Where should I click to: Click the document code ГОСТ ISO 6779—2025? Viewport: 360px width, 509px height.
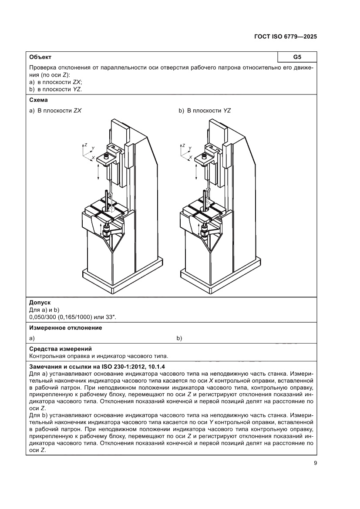click(285, 37)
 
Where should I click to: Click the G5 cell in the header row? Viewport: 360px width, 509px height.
click(297, 57)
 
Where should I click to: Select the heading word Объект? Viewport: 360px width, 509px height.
click(40, 57)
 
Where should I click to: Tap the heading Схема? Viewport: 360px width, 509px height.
click(39, 100)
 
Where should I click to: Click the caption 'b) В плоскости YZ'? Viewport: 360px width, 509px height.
click(205, 111)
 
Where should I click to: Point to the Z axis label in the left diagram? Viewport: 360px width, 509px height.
click(86, 144)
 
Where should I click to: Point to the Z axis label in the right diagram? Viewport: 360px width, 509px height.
click(184, 144)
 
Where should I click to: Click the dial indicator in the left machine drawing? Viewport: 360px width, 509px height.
click(111, 195)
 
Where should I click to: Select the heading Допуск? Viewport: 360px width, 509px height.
click(39, 302)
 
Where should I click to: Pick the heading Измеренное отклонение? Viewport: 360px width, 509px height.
click(65, 327)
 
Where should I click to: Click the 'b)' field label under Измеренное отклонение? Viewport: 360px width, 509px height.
click(179, 338)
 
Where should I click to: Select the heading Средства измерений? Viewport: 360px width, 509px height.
click(60, 348)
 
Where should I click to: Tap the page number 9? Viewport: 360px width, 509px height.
click(315, 463)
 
